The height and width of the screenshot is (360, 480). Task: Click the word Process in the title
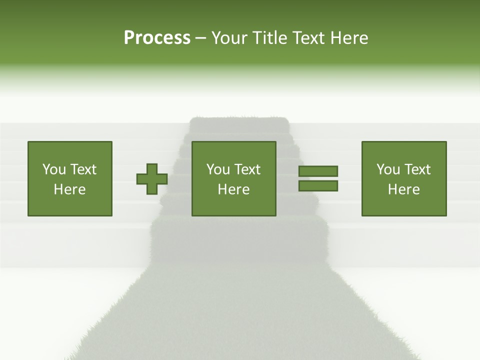pos(157,37)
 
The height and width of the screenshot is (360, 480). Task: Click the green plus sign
pos(152,179)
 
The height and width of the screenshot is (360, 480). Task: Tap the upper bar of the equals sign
pos(318,171)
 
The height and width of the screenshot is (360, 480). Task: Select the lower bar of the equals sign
pos(318,186)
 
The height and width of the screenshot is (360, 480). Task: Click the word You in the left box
pos(53,169)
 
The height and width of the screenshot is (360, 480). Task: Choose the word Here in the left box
pos(69,189)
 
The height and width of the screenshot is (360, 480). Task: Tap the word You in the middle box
pos(217,169)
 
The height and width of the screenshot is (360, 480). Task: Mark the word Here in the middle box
pos(233,189)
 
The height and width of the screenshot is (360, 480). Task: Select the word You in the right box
pos(387,169)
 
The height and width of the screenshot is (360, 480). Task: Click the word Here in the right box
pos(403,189)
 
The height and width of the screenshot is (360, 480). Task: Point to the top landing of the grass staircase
pos(239,122)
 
